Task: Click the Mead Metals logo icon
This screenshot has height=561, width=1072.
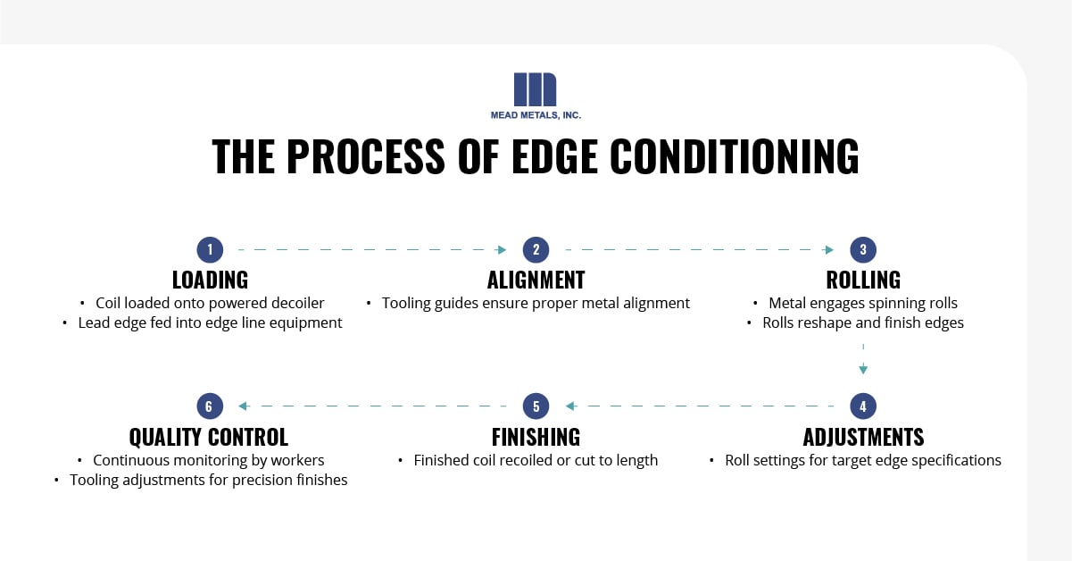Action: coord(536,89)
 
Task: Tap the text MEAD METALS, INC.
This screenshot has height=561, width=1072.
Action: coord(536,114)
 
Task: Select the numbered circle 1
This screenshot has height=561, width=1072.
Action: coord(209,249)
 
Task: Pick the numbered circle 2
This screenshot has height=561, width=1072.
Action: coord(536,249)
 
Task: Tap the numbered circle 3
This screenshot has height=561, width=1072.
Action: coord(863,249)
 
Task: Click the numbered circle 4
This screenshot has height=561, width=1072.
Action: coord(863,406)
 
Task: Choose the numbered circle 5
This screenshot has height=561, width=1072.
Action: coord(536,406)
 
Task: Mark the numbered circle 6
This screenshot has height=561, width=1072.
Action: coord(209,406)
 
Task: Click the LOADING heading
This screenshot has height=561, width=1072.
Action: coord(209,280)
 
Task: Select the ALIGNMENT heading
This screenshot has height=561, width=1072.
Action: coord(536,280)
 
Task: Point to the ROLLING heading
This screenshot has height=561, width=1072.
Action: coord(863,280)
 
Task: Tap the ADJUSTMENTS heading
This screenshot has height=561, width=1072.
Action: coord(863,437)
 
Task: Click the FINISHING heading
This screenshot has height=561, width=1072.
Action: coord(536,437)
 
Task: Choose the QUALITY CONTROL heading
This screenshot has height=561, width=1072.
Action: coord(209,437)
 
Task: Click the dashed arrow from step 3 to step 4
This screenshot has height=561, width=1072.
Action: coord(863,357)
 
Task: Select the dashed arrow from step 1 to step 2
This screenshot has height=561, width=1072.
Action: coord(372,250)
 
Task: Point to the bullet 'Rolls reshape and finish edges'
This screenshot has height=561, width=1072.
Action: coord(862,322)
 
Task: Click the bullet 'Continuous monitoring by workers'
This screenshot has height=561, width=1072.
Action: coord(208,460)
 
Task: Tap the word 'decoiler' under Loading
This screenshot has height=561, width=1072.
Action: coord(294,303)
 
